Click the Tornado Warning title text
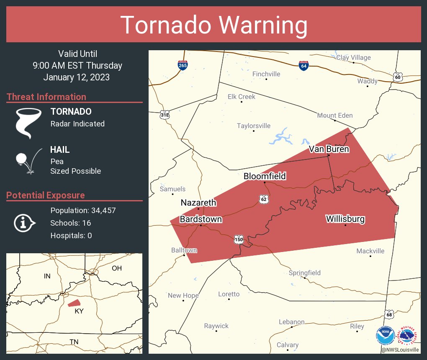213,25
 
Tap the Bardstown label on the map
201,219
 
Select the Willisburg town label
345,219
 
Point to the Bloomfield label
265,176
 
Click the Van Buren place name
329,149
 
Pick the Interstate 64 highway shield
304,66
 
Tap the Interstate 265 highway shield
183,65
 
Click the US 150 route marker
239,239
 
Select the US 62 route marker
263,199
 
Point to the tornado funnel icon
28,123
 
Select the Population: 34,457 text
83,211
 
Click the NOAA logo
385,335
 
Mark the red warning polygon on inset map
74,303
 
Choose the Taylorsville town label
254,126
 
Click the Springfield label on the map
305,273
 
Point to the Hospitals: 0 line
71,236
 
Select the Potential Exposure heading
46,195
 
